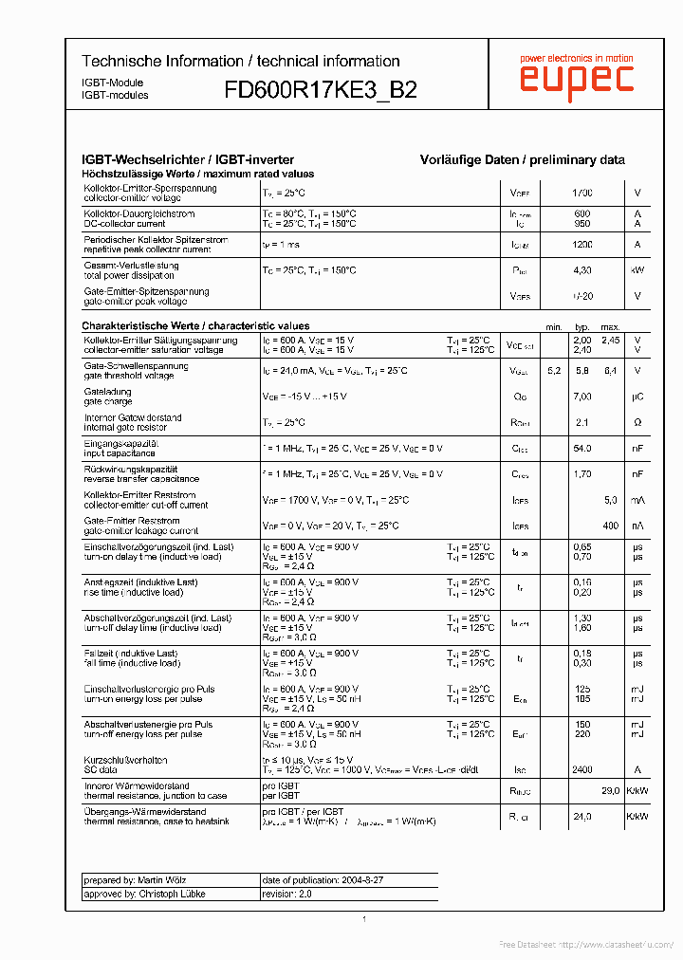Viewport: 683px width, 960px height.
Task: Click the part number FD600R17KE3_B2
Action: (x=320, y=90)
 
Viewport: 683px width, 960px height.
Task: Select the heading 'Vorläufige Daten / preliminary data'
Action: (x=522, y=160)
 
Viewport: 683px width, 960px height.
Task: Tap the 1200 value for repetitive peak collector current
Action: (x=581, y=245)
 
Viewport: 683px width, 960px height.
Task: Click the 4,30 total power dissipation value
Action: (x=581, y=270)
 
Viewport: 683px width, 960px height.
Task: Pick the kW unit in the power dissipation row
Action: (x=637, y=270)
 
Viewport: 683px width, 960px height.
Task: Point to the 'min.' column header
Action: (x=554, y=326)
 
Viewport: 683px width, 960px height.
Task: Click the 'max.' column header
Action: (x=610, y=326)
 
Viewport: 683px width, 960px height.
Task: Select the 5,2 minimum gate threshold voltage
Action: (x=554, y=371)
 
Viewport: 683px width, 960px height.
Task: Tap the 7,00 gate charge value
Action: (x=581, y=397)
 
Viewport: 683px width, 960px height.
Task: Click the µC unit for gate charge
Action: (x=637, y=397)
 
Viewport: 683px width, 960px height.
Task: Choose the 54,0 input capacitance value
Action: (x=581, y=448)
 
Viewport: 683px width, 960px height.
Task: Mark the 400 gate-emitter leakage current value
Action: (x=610, y=526)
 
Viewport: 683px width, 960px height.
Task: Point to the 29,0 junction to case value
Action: (x=610, y=791)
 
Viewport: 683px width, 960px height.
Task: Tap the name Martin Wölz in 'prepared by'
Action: (x=163, y=880)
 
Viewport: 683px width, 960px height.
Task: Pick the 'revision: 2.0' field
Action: (x=286, y=894)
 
